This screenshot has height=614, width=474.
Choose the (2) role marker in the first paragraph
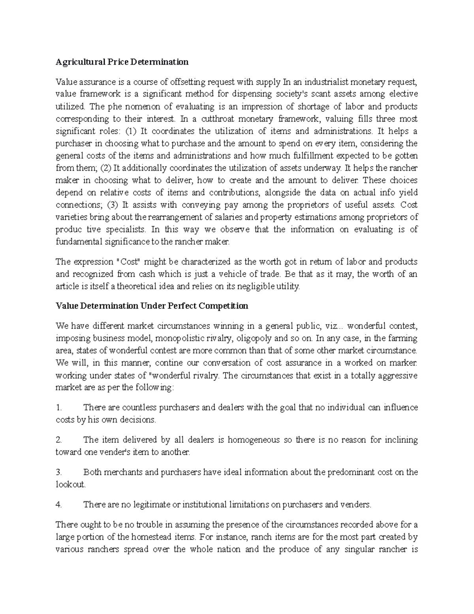(106, 168)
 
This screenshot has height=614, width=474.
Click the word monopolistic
(181, 338)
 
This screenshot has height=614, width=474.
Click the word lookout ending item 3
(70, 485)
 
